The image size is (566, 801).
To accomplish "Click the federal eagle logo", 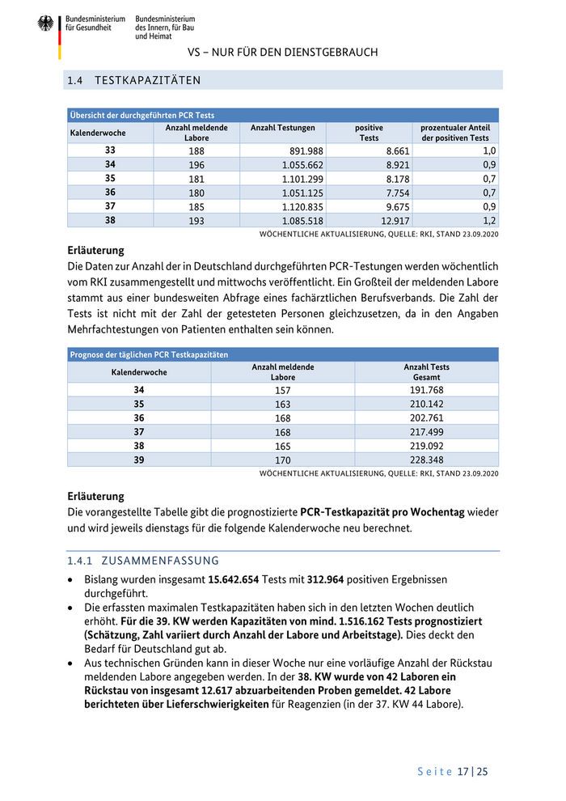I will coord(45,23).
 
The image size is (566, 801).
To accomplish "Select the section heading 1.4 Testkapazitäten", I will coord(134,81).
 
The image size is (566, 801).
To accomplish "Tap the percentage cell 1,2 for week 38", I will coord(490,220).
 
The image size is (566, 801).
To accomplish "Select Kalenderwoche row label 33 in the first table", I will coord(110,150).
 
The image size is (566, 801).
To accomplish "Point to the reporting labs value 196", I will coord(196,164).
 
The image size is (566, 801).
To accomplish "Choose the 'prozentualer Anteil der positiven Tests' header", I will coord(455,133).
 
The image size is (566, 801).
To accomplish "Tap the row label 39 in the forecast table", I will coord(139,460).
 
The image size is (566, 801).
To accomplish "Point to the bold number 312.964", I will coord(332,580).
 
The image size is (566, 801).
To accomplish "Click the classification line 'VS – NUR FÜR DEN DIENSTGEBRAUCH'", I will coord(283,53).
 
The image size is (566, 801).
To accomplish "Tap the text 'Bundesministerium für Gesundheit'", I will coord(95,23).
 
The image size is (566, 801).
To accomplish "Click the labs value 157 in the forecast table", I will coord(283,390).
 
